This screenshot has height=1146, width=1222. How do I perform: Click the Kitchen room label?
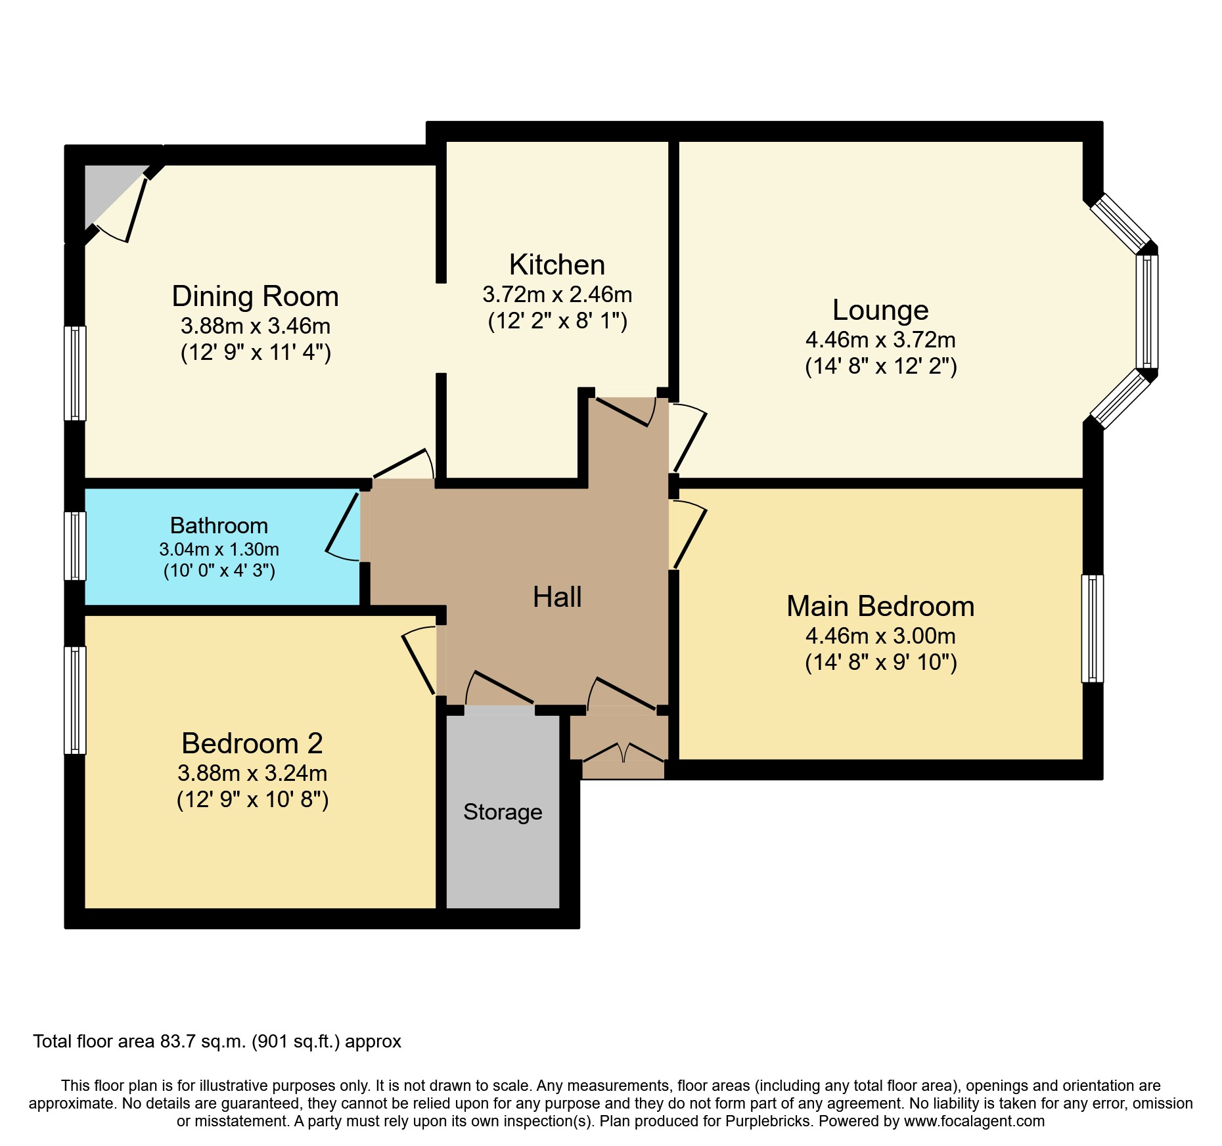[x=556, y=265]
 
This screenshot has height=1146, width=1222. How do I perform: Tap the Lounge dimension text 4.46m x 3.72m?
[x=880, y=340]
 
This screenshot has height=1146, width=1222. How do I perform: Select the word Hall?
[x=557, y=597]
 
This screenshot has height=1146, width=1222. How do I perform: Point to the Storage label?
[x=503, y=812]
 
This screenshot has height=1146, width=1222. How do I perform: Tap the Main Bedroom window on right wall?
[x=1092, y=628]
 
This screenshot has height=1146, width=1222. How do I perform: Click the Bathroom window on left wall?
[x=75, y=546]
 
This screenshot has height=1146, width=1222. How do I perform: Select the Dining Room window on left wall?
[x=75, y=373]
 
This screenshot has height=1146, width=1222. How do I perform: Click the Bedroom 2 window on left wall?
[x=75, y=700]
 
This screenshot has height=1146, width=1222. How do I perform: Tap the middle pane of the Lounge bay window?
[x=1147, y=311]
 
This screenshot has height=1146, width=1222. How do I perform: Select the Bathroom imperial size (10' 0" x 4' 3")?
[x=219, y=570]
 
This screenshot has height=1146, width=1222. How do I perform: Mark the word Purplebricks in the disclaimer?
[x=768, y=1121]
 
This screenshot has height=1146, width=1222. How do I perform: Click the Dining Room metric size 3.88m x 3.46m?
[x=255, y=326]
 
